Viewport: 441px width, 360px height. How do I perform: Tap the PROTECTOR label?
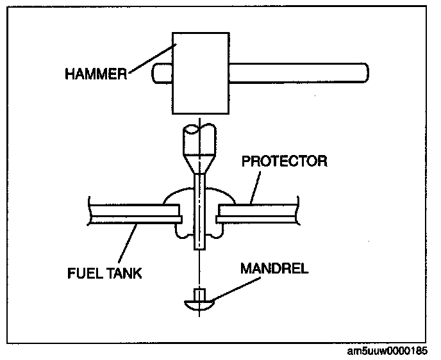tap(283, 161)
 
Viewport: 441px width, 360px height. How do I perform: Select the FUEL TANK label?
tap(104, 274)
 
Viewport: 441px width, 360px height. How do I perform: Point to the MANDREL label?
tap(274, 268)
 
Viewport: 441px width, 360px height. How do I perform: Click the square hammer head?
tap(200, 74)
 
